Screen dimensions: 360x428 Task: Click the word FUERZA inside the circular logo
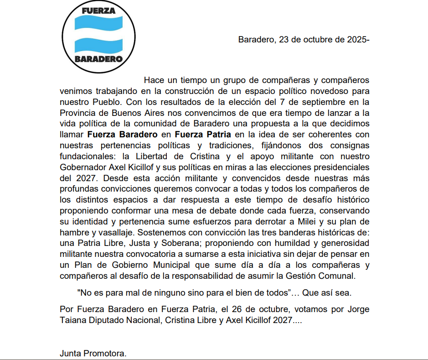click(98, 10)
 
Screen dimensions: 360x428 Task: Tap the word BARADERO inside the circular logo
click(98, 59)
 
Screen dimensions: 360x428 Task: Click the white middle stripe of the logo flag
click(98, 35)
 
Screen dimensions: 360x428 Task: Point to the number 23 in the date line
click(284, 39)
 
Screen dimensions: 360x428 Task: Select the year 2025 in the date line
click(355, 39)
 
